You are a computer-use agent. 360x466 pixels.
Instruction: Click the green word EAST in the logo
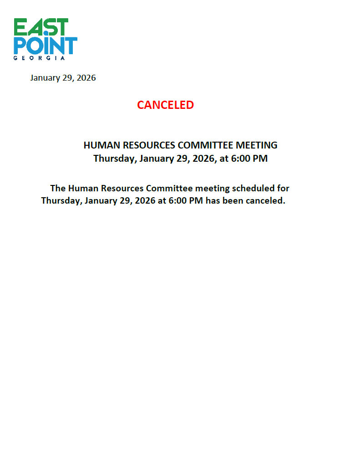(x=41, y=27)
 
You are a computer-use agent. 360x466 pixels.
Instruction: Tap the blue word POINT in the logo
(x=46, y=46)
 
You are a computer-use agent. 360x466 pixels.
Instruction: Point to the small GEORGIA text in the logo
(x=39, y=58)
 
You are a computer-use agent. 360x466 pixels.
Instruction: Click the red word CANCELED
(x=165, y=105)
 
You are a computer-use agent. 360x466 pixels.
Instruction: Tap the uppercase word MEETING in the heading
(x=257, y=145)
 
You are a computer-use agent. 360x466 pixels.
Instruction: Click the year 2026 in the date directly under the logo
(x=86, y=78)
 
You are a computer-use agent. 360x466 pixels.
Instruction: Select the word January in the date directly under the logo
(x=45, y=78)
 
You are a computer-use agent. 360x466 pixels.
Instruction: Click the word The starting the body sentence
(x=58, y=188)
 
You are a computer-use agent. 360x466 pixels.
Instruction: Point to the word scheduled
(x=252, y=188)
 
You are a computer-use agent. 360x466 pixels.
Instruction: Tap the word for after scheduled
(x=283, y=188)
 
